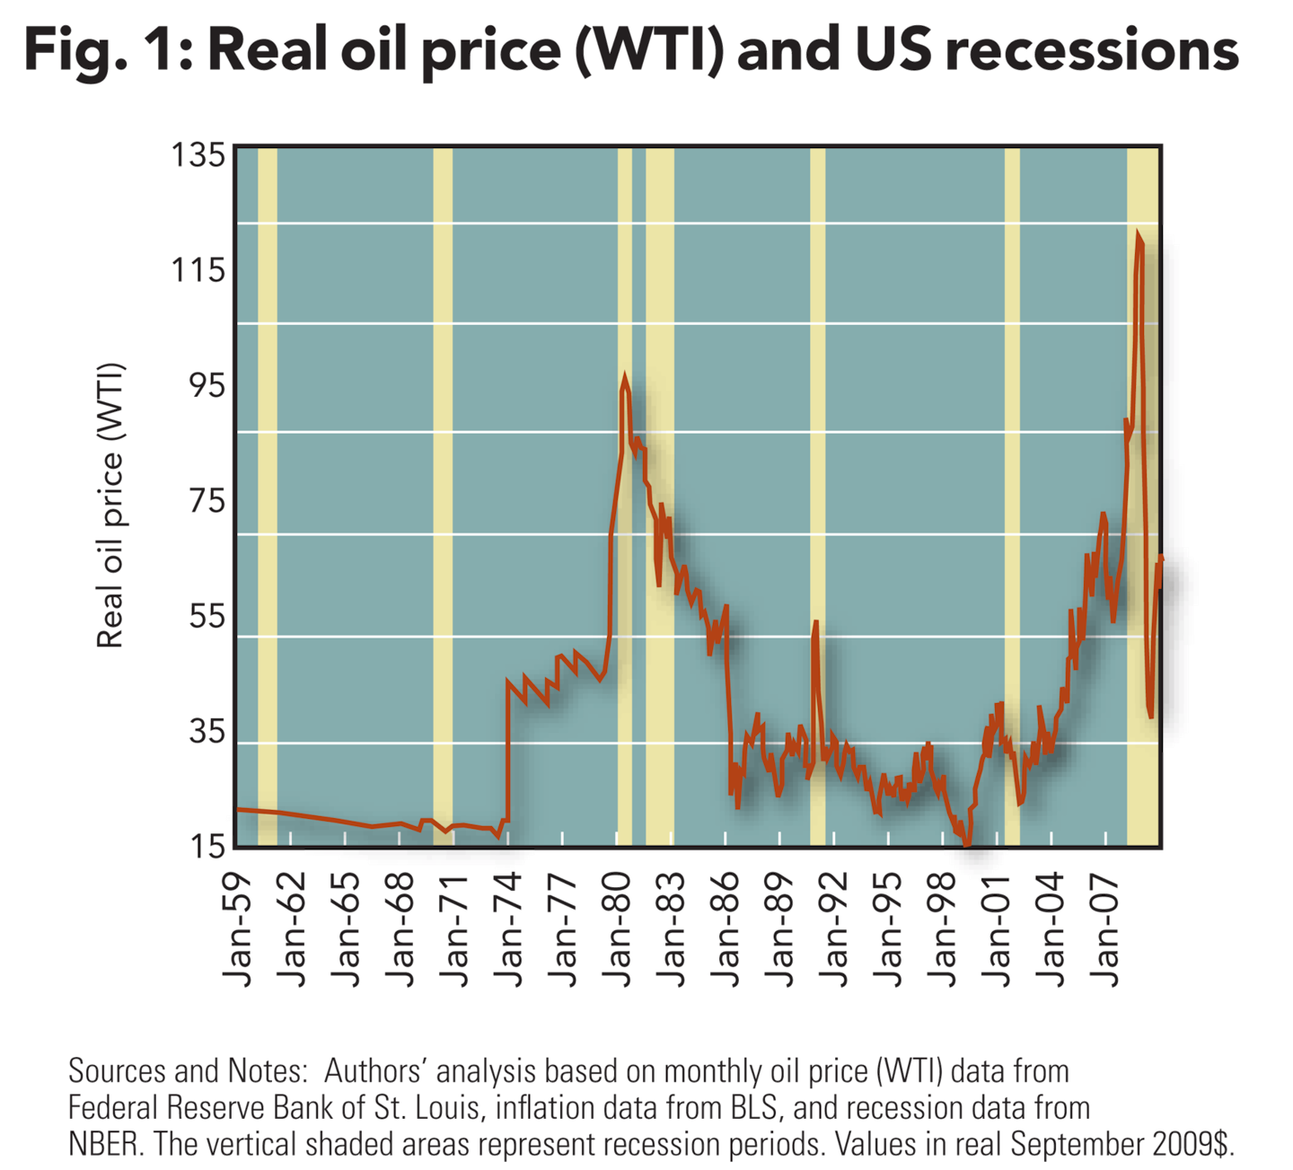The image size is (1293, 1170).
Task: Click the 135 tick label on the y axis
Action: (198, 156)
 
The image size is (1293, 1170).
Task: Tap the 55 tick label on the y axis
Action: (207, 617)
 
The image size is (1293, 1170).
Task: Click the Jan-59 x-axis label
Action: (242, 929)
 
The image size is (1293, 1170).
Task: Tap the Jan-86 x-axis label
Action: (728, 929)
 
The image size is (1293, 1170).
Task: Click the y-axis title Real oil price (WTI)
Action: (110, 506)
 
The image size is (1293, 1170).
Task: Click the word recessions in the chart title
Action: (1093, 50)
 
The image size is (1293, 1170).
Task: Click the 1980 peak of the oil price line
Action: (625, 377)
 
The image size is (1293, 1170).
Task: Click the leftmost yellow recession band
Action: (267, 494)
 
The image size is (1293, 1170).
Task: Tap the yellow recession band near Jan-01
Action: (1012, 494)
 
